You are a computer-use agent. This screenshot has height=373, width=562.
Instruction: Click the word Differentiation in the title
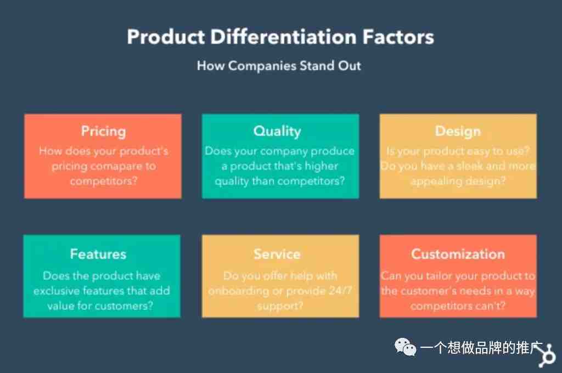point(283,37)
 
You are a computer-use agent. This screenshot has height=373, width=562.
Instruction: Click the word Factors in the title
point(398,37)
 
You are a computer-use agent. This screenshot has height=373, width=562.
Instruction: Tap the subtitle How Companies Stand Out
point(279,66)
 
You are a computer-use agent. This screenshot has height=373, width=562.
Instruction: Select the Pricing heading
point(103,132)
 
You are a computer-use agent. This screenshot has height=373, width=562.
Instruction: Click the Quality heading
point(277,132)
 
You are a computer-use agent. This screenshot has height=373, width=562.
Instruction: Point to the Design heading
point(458,132)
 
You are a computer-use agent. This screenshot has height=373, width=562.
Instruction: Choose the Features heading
point(98,254)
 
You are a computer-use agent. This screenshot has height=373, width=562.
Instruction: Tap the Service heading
point(277,254)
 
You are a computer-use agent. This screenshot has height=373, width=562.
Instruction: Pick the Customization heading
point(458,254)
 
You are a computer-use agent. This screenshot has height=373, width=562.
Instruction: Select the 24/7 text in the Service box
point(340,290)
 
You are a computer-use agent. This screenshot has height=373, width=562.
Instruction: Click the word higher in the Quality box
point(321,166)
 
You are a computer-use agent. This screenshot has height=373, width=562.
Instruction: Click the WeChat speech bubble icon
point(405,347)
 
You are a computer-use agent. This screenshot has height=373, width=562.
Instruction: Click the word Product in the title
point(166,37)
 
